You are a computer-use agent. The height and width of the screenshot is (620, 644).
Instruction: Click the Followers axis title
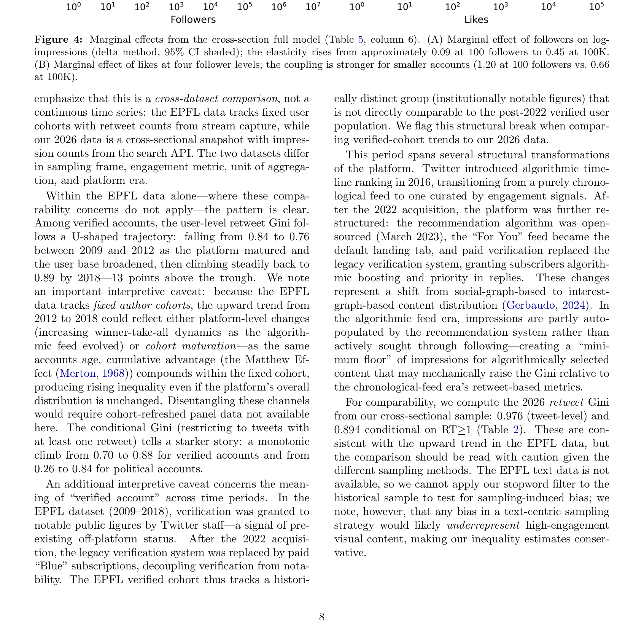[x=193, y=20]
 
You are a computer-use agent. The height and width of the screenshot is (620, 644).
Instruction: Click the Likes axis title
[x=476, y=20]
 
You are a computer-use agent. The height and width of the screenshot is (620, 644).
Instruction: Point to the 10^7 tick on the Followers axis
[x=313, y=7]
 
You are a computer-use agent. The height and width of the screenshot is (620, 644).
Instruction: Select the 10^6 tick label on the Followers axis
[x=278, y=7]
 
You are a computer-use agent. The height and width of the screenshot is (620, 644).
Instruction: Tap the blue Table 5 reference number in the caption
[x=361, y=40]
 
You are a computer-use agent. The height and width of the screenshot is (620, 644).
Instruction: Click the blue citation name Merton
[x=78, y=373]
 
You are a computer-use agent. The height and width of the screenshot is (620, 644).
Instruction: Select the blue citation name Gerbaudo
[x=530, y=305]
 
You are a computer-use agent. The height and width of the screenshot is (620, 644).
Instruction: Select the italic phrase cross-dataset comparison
[x=216, y=99]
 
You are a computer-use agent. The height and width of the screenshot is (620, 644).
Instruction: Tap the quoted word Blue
[x=51, y=566]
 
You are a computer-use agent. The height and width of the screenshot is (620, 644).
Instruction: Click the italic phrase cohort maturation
[x=191, y=346]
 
